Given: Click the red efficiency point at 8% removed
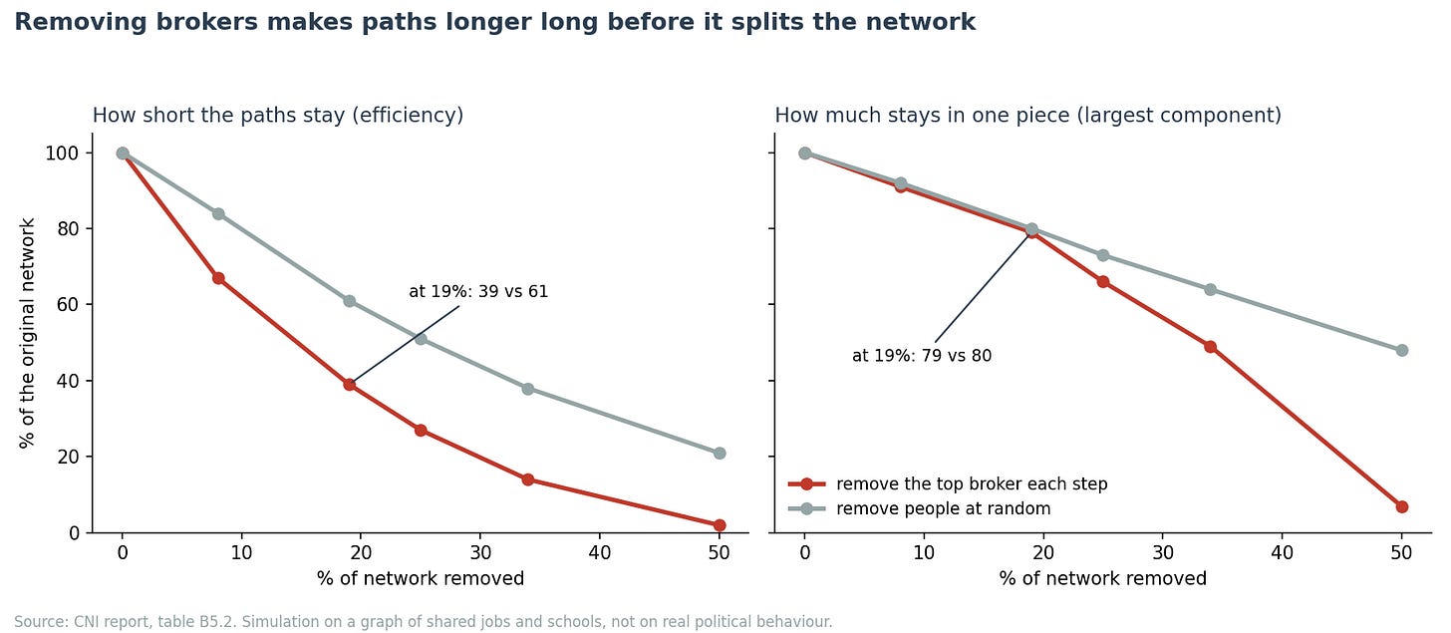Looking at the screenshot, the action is pos(218,278).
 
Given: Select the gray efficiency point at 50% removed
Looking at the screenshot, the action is pos(720,454).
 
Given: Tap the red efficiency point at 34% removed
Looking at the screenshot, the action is pos(528,480).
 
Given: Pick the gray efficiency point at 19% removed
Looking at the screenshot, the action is pos(349,301).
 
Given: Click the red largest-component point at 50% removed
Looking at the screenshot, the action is pos(1402,506).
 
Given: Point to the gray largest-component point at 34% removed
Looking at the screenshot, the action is pos(1210,290).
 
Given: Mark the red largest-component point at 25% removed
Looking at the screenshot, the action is pos(1103,282).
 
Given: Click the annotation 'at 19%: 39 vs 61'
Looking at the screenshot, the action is pos(478,291).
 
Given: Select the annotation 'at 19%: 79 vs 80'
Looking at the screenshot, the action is pos(922,356).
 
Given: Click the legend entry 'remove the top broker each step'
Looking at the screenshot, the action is pos(972,484).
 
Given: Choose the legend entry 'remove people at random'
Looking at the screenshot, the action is pos(943,508).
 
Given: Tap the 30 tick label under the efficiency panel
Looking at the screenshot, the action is pos(480,552).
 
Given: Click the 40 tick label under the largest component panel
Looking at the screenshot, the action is pos(1282,552).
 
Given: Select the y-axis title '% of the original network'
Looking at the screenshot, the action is pos(27,333).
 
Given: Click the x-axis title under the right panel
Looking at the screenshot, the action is pos(1102,578).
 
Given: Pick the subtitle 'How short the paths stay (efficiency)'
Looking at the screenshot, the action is pos(278,116).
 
